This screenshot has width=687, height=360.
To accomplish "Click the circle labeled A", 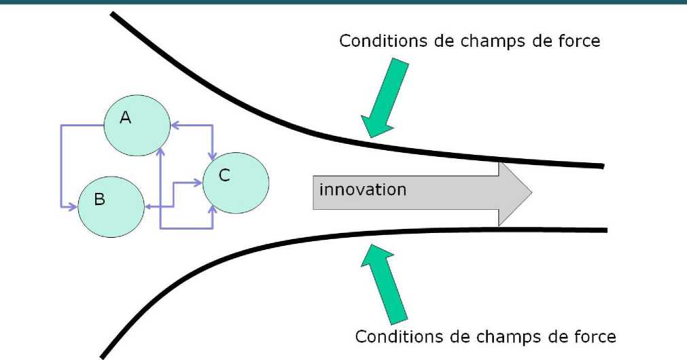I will (x=137, y=126).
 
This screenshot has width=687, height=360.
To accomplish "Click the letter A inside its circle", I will (x=125, y=118).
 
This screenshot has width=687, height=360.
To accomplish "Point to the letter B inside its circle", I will (x=99, y=200).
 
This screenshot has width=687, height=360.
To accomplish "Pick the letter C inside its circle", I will (x=224, y=176).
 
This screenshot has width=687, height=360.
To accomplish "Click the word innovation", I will (x=363, y=189).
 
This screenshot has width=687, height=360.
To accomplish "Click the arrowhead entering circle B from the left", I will (x=73, y=206).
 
